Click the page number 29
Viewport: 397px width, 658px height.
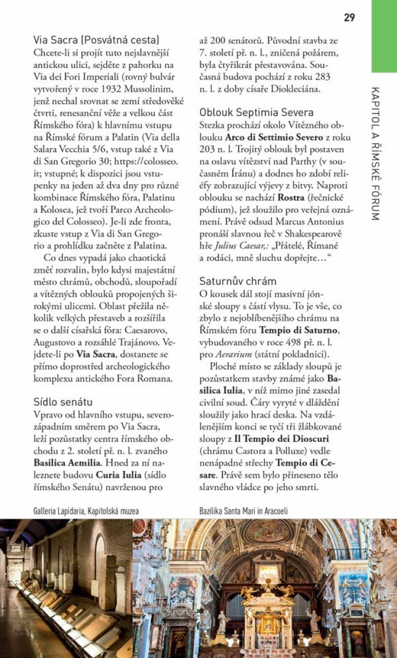(349, 18)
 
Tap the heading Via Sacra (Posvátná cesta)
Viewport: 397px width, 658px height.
(96, 40)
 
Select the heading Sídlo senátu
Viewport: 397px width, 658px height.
(63, 402)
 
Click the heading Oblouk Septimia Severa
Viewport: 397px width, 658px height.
(256, 112)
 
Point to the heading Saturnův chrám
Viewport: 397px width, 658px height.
(237, 281)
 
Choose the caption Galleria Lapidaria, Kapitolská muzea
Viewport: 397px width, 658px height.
(86, 511)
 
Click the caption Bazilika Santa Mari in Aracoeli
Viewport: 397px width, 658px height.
(244, 511)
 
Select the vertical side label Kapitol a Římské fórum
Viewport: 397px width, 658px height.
(375, 154)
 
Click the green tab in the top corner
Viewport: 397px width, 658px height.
(384, 36)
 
